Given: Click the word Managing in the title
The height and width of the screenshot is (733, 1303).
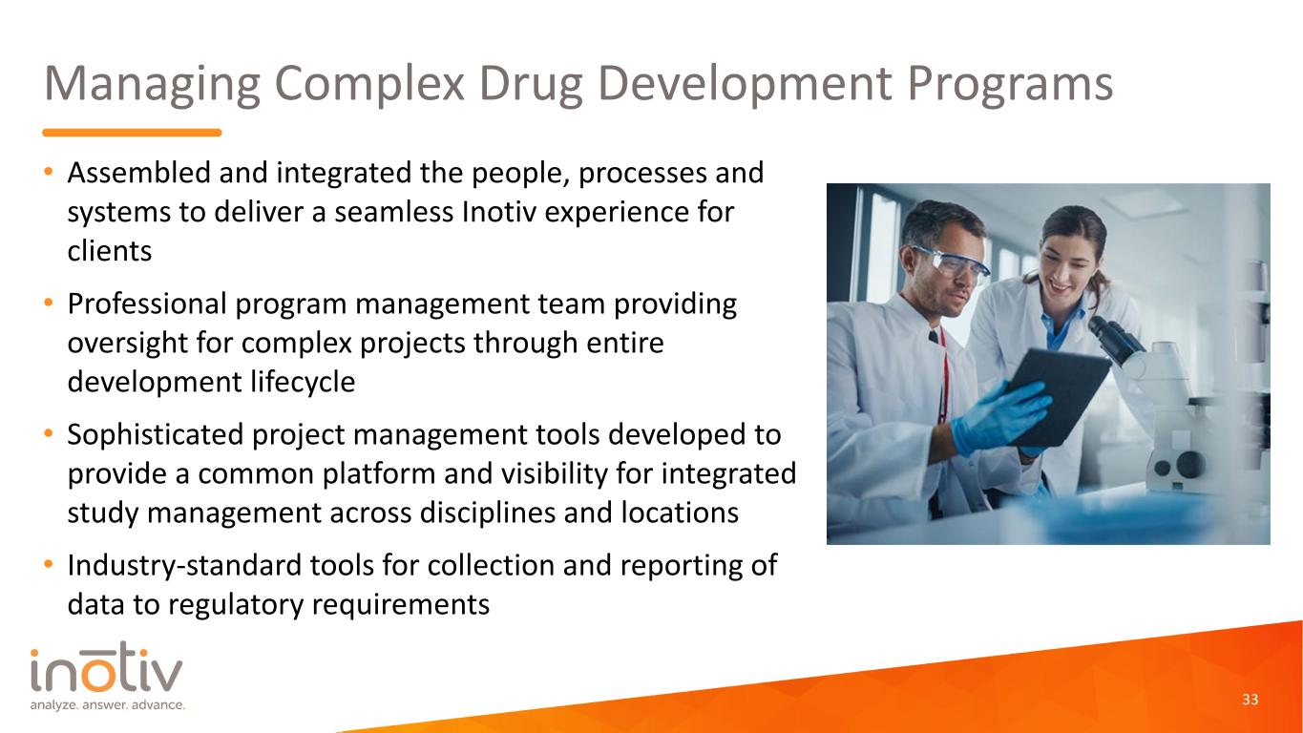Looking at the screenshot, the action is point(152,84).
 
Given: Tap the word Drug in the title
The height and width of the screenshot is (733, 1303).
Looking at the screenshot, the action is point(531,84).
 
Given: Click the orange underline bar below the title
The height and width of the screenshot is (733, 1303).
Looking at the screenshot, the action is point(132,133).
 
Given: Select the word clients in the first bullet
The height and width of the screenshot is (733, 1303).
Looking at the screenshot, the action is point(110,251).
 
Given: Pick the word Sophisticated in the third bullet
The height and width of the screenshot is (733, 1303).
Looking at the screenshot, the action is point(156,435).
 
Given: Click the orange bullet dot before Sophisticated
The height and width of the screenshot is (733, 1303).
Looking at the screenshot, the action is point(49,433).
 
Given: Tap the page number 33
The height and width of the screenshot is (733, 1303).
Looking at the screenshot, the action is point(1250,699).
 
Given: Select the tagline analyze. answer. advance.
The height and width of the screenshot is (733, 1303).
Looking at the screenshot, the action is point(108,705).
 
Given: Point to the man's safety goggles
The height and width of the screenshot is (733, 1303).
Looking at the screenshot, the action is point(950,263).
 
